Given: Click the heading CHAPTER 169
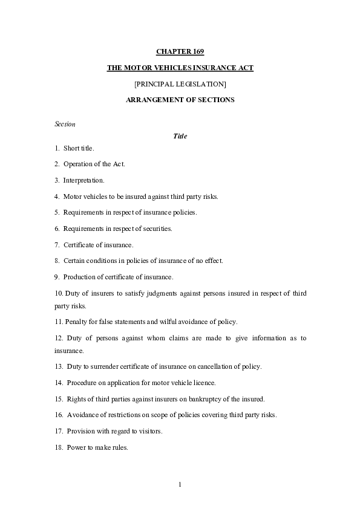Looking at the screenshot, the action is coord(180,52).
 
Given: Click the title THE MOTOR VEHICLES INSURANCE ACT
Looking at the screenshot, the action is coord(180,68).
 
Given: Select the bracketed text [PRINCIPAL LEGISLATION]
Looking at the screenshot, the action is coord(180,83).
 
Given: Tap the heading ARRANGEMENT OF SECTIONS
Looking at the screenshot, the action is coord(180,99).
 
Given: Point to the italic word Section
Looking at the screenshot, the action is coord(65,124).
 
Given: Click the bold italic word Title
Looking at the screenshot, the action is coord(180,136).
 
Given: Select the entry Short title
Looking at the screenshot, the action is coord(79,148).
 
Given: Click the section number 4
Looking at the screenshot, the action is coord(56,196).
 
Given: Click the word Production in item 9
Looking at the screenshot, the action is coord(79,277).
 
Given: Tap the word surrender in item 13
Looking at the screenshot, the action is coord(100,367).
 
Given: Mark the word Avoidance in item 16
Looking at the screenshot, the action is coord(81,415).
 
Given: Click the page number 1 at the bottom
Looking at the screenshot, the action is coord(180,485).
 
